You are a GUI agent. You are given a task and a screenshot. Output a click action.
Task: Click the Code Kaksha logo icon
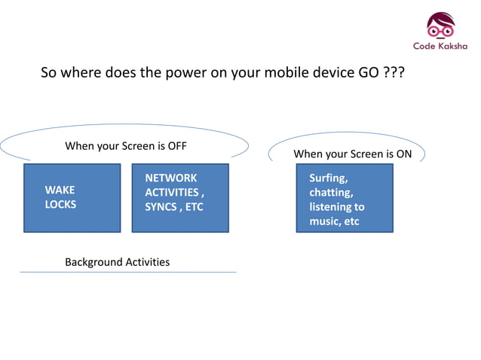(440, 26)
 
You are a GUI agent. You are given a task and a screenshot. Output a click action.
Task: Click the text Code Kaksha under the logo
(440, 46)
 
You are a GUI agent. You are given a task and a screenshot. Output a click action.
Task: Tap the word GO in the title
(366, 75)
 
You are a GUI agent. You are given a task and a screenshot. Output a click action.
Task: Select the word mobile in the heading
(271, 75)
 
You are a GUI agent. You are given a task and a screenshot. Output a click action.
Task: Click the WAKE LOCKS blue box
(72, 197)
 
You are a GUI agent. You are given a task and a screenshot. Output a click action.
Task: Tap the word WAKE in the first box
(60, 191)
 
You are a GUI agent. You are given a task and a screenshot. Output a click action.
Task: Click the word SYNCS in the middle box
(160, 206)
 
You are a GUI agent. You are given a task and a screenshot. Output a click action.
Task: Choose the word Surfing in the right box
(329, 178)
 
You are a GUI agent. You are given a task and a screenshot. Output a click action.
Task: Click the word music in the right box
(323, 221)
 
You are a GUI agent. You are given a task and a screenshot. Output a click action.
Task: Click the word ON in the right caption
(403, 154)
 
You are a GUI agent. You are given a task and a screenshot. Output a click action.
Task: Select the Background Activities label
(117, 262)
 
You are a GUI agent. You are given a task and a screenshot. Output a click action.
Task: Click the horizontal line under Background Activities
(128, 272)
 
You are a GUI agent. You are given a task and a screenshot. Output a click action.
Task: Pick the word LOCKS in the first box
(60, 204)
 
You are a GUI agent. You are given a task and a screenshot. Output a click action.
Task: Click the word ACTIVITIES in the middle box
(172, 192)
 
